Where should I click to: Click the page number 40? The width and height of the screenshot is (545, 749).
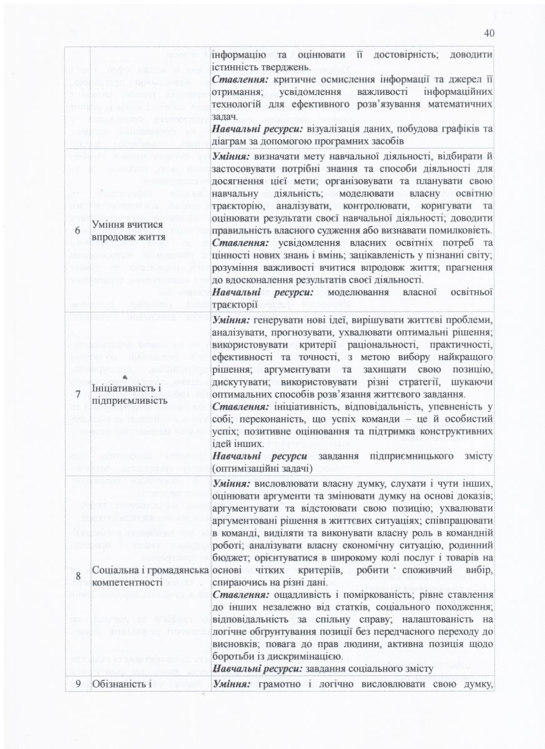pyautogui.click(x=489, y=33)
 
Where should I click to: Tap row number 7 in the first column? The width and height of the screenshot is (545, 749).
pyautogui.click(x=77, y=394)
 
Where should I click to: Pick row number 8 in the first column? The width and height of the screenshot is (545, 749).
pyautogui.click(x=77, y=575)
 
